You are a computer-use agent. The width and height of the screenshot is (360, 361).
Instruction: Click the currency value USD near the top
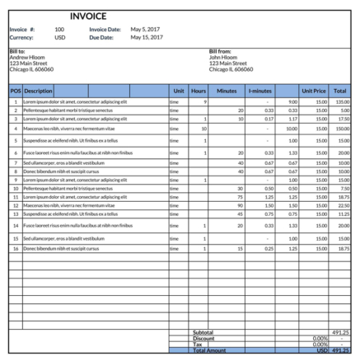[x=60, y=37]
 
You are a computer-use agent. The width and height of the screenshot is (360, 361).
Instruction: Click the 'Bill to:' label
[x=18, y=51]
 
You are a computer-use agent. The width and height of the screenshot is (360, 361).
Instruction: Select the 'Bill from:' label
[x=221, y=51]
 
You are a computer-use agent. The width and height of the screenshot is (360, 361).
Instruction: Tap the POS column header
[x=16, y=91]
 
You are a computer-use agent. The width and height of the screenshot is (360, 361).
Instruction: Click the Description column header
[x=39, y=91]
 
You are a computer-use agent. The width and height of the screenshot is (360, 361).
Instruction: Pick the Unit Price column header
[x=314, y=91]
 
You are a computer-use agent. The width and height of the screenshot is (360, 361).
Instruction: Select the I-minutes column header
[x=259, y=91]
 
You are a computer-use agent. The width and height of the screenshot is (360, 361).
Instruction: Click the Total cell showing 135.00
[x=342, y=101]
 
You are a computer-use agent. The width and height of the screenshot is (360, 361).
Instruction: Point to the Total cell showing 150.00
[x=342, y=129]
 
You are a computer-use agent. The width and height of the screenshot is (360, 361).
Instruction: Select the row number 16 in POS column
[x=16, y=248]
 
